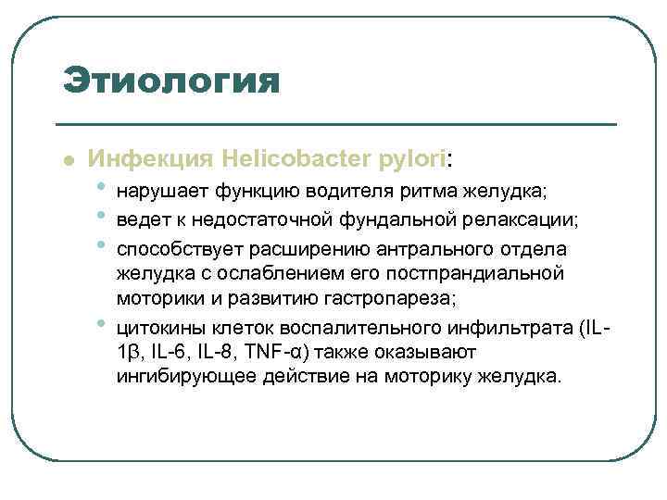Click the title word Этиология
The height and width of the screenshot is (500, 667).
click(170, 81)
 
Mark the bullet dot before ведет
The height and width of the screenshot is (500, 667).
click(100, 215)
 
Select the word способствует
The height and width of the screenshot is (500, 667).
click(178, 249)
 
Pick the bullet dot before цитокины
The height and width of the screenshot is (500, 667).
click(100, 324)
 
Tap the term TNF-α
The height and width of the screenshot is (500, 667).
click(297, 354)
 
